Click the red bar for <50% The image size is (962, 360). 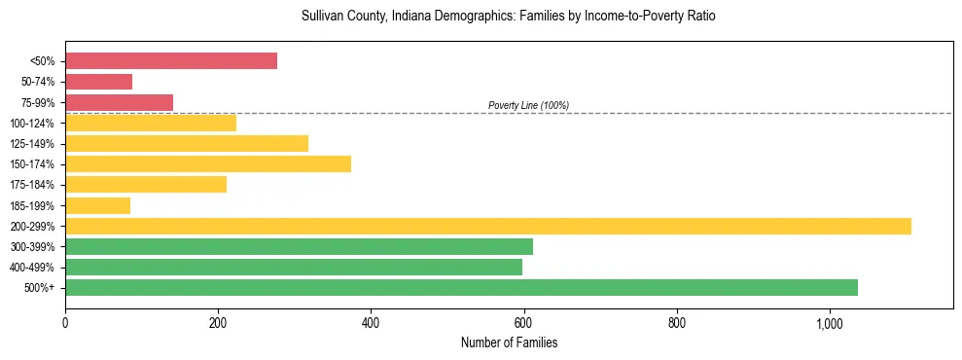coord(171,61)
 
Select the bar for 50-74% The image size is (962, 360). coord(98,82)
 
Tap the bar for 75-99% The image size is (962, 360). coord(119,102)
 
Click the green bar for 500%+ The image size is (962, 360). coord(461,287)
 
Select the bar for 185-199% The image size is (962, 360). coord(97,205)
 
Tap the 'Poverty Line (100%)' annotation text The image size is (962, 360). coord(528,105)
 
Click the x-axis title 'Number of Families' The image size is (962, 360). coord(509,342)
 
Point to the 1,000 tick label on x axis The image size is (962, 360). coord(830,323)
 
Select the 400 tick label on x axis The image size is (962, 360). coord(371,323)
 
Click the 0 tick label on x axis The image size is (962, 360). coord(65,323)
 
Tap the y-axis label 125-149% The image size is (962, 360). coord(32,144)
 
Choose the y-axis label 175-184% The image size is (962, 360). coord(32,185)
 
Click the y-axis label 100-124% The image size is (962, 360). coord(32,124)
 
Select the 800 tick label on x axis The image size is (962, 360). coord(677,323)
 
